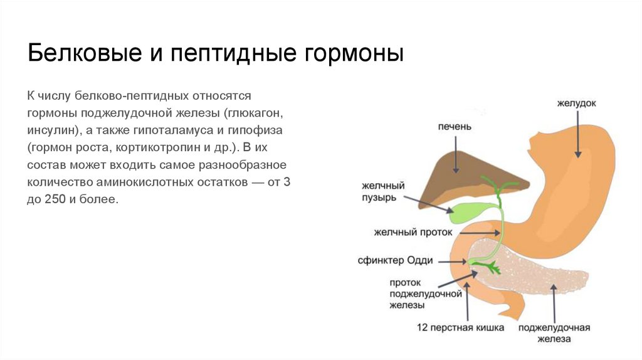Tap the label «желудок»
(x=576, y=102)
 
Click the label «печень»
(x=455, y=126)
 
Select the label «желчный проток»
(x=413, y=231)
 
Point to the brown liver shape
(x=451, y=183)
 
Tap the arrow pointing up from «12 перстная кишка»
(x=467, y=301)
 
